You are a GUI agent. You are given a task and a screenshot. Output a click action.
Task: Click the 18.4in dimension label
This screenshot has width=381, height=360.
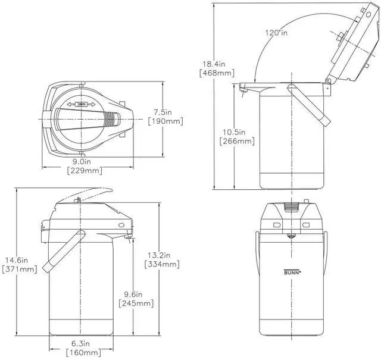coord(214,64)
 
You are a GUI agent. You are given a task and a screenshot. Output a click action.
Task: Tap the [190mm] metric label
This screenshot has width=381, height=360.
coord(165,121)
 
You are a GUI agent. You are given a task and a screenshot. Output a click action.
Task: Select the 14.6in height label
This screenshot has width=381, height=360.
coord(19,259)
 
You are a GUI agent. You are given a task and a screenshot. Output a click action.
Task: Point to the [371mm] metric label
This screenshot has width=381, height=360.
coord(19,270)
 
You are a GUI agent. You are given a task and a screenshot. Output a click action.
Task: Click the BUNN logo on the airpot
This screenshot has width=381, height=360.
coord(291,273)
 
